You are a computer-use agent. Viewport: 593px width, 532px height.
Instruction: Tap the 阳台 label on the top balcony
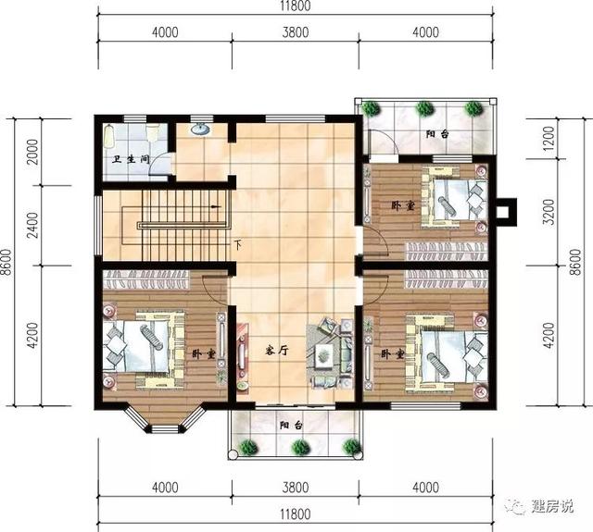click(438, 135)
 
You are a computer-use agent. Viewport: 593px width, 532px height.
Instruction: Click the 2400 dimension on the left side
click(32, 227)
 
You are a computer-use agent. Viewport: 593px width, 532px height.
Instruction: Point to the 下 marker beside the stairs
click(238, 244)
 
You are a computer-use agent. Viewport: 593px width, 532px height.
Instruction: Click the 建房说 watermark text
click(553, 506)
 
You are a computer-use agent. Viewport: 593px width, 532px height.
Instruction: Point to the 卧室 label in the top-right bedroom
click(402, 205)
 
